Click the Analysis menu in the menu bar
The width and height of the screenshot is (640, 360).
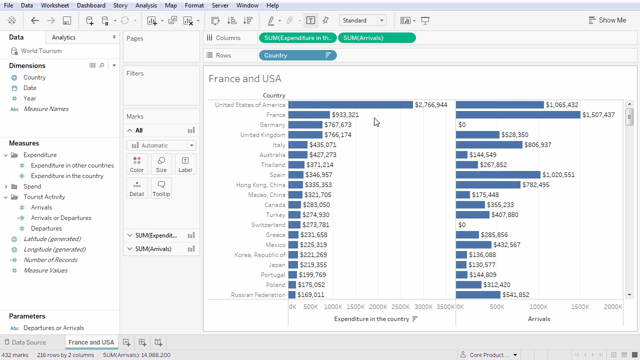pyautogui.click(x=146, y=5)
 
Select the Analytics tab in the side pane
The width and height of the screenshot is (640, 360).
pyautogui.click(x=63, y=37)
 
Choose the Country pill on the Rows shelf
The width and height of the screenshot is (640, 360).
pyautogui.click(x=297, y=55)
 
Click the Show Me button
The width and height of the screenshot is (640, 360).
pyautogui.click(x=607, y=20)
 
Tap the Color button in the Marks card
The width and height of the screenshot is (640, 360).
pyautogui.click(x=136, y=164)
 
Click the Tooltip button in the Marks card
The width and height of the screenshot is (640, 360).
pyautogui.click(x=161, y=188)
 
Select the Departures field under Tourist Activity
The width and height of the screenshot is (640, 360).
pyautogui.click(x=46, y=228)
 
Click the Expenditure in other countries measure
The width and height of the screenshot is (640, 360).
pyautogui.click(x=72, y=165)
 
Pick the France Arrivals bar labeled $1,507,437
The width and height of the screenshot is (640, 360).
pyautogui.click(x=517, y=115)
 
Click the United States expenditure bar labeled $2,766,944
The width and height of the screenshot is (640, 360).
pyautogui.click(x=350, y=105)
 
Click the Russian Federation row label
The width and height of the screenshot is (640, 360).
pyautogui.click(x=258, y=295)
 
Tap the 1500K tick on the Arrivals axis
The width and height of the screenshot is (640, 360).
pyautogui.click(x=580, y=307)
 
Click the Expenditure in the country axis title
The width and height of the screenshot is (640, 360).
pyautogui.click(x=371, y=319)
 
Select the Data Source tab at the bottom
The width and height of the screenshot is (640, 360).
pyautogui.click(x=28, y=342)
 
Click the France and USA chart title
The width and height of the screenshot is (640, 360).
pyautogui.click(x=245, y=78)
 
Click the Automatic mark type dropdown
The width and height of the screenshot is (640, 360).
pyautogui.click(x=161, y=145)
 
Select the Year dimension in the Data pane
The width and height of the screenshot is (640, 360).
pyautogui.click(x=29, y=98)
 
